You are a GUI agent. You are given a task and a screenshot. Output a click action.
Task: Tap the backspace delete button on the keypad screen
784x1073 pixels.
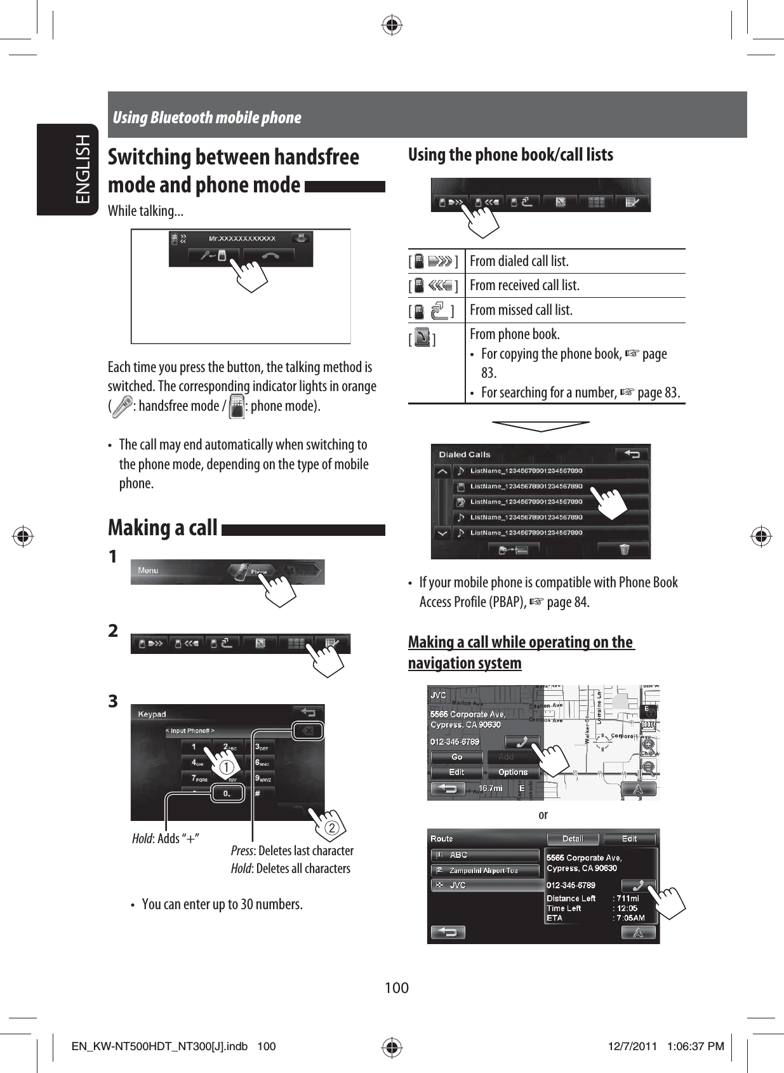click(x=308, y=731)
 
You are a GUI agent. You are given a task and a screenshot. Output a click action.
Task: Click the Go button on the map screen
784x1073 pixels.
click(x=457, y=757)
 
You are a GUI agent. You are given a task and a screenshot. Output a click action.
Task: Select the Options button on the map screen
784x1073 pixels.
click(x=513, y=773)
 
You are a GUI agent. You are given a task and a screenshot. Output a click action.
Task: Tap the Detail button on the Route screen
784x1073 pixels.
click(x=573, y=839)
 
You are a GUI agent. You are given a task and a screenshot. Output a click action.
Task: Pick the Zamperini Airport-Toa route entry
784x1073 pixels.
click(x=484, y=870)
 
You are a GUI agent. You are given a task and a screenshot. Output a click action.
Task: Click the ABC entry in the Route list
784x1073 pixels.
click(x=484, y=855)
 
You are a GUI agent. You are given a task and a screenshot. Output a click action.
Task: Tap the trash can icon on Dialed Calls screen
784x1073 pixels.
click(x=625, y=549)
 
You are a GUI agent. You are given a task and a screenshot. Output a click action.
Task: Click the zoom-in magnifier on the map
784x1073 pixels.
click(x=648, y=744)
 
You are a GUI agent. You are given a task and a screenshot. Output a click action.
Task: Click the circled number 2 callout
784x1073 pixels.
click(x=331, y=828)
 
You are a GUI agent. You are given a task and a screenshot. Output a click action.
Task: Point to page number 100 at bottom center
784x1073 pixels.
click(x=397, y=988)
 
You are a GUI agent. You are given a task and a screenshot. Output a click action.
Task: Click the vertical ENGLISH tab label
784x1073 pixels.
click(x=83, y=169)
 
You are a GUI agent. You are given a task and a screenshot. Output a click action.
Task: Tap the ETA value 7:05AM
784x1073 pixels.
click(x=631, y=918)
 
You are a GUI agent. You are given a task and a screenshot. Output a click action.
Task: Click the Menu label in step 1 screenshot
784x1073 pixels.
click(x=149, y=571)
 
